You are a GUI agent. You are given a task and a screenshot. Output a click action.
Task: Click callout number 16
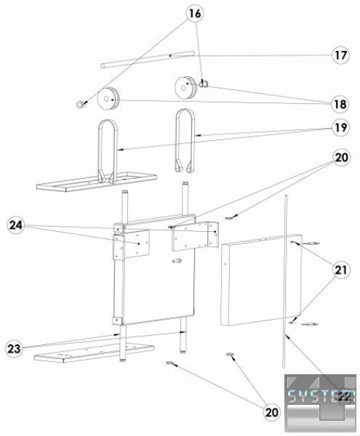point(195,13)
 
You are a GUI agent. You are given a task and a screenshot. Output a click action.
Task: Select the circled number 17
point(341,55)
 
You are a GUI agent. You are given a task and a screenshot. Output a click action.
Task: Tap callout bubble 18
point(340,104)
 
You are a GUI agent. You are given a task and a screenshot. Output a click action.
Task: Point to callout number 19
point(340,128)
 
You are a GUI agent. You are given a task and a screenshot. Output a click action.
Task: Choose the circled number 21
point(341,270)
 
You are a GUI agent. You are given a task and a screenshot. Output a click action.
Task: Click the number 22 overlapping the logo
point(344,397)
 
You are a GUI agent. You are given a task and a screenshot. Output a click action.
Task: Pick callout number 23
point(14,348)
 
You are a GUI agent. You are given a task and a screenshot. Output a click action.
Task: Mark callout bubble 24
point(15,225)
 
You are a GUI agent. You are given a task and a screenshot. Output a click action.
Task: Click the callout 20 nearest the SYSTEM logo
point(271,412)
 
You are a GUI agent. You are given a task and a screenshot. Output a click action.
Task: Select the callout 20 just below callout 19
point(341,158)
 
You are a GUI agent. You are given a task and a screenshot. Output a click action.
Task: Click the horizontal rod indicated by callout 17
point(147,60)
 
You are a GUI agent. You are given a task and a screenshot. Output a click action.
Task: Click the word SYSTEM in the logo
point(321,396)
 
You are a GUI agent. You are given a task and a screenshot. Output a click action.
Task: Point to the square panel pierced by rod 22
point(261,280)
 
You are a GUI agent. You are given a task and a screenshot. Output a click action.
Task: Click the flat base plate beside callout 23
point(94,353)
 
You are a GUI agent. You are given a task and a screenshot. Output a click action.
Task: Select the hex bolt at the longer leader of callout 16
point(81,104)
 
